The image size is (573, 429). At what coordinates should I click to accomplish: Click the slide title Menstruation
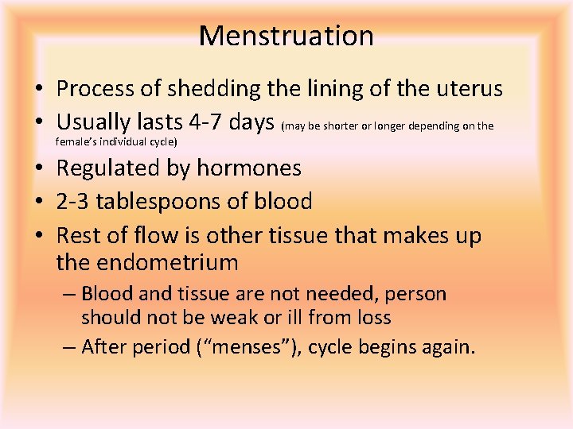click(x=286, y=36)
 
